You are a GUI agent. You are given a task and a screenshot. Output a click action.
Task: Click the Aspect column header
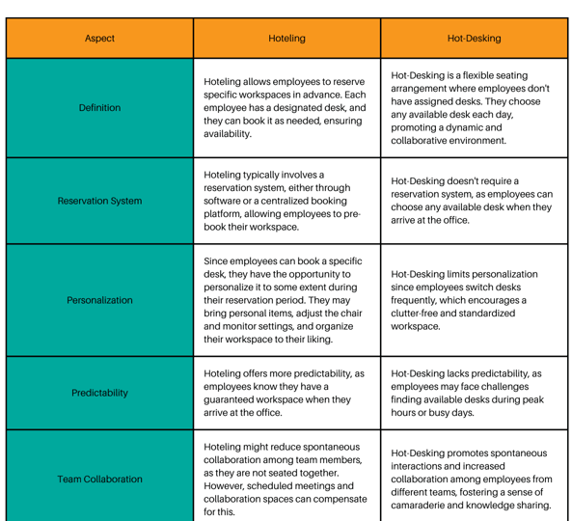click(x=99, y=39)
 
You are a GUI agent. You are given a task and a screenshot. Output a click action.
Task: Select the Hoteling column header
click(x=286, y=39)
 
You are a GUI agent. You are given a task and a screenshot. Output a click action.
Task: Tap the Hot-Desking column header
click(x=474, y=39)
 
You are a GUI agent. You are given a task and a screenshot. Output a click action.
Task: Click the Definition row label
click(x=99, y=108)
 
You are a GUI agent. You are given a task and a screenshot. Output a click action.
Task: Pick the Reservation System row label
click(x=99, y=201)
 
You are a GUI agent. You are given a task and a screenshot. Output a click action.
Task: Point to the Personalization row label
click(x=99, y=300)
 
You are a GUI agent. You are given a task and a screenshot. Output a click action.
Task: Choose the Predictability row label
click(x=99, y=393)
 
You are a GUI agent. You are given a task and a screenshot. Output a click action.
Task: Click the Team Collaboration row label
click(x=99, y=479)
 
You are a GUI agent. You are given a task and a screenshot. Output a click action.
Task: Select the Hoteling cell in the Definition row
click(x=286, y=108)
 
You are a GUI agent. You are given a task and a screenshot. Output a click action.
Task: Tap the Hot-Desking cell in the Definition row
click(x=474, y=108)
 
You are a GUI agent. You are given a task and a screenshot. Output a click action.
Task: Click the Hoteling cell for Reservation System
click(x=286, y=201)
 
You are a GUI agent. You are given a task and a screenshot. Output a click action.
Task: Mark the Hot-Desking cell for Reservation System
click(x=474, y=201)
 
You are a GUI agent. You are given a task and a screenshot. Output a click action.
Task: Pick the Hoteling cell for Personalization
click(x=286, y=300)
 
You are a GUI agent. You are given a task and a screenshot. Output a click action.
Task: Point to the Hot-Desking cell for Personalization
click(x=474, y=300)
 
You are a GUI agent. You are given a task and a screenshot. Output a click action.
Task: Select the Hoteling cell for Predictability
click(x=286, y=393)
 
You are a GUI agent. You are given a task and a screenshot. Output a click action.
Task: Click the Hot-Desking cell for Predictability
click(x=474, y=393)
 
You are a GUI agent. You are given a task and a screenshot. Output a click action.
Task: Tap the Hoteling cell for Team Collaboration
click(x=286, y=479)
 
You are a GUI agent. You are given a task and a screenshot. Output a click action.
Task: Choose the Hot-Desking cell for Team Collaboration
click(x=474, y=479)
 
